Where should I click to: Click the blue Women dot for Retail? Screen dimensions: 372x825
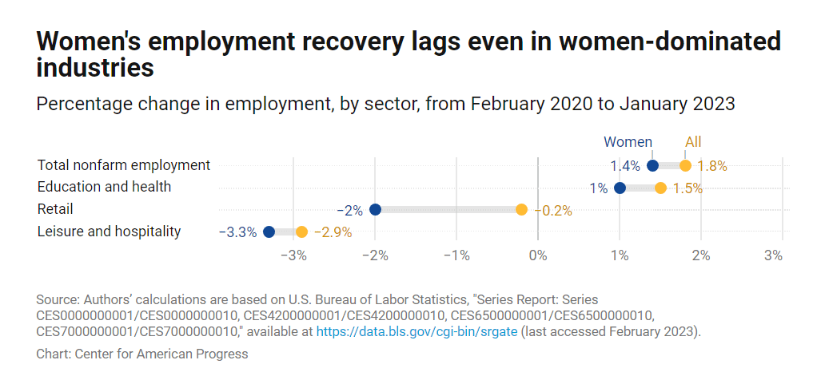(375, 210)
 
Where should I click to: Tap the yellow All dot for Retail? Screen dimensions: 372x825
(521, 210)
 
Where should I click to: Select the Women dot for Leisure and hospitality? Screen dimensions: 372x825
(269, 232)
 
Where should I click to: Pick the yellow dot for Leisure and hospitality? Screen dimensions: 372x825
(301, 232)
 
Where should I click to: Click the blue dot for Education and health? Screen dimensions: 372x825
(620, 188)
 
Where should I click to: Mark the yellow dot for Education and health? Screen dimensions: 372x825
(660, 188)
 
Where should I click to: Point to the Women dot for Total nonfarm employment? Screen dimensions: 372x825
(652, 166)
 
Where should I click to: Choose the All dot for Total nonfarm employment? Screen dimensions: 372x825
(685, 166)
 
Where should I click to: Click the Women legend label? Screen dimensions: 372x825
(628, 142)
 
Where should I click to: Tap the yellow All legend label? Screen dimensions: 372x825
(693, 142)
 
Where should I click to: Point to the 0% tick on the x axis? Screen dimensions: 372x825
(538, 255)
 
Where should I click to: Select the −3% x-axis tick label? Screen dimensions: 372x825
(296, 255)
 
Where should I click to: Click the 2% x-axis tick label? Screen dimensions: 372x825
(701, 255)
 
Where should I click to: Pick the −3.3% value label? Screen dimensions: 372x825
(237, 232)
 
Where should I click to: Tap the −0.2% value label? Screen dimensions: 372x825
(552, 211)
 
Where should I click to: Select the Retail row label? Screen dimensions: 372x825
(55, 209)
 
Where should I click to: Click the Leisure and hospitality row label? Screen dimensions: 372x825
(109, 232)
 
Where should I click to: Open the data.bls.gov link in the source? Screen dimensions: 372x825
(416, 331)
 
